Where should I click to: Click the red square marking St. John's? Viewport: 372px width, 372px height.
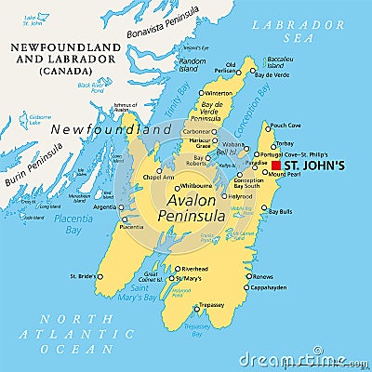(x=275, y=166)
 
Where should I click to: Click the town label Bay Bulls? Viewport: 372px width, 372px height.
(x=280, y=211)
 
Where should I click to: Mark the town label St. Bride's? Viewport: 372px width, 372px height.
(x=84, y=276)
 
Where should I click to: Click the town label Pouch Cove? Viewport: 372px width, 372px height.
(x=284, y=124)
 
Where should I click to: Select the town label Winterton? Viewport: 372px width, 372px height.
(x=219, y=93)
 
